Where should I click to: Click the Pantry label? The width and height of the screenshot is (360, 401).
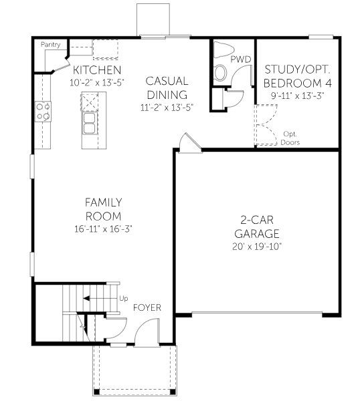click(51, 45)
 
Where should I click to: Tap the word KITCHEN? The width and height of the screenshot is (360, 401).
click(96, 70)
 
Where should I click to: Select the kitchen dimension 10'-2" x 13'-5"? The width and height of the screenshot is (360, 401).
click(96, 83)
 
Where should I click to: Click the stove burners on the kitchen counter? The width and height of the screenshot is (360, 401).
click(43, 111)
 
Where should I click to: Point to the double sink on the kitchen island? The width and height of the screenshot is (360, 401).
click(89, 122)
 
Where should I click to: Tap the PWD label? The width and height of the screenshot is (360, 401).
click(240, 59)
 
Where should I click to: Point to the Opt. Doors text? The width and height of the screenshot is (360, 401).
click(290, 138)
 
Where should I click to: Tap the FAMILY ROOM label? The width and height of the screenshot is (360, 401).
click(103, 209)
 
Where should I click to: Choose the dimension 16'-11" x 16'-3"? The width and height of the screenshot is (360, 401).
click(103, 228)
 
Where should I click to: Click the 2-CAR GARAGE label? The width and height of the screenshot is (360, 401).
click(257, 228)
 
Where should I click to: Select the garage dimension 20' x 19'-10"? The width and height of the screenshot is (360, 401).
click(257, 247)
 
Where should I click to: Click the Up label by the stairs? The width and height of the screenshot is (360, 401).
click(123, 298)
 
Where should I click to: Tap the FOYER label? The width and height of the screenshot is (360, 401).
click(147, 307)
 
